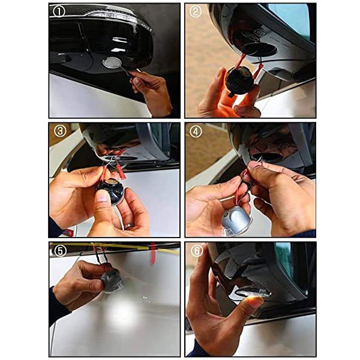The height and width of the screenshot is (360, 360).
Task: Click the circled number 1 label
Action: click(59, 11)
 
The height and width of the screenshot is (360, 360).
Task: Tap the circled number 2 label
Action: click(196, 11)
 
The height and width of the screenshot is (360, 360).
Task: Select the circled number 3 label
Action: click(60, 131)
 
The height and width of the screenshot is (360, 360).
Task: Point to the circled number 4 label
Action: click(196, 131)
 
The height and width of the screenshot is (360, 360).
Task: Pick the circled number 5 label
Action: click(59, 251)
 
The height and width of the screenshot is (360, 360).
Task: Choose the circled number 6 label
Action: click(197, 251)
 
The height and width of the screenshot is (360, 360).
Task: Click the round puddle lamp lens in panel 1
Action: click(112, 62)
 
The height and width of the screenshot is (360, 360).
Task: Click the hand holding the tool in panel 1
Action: click(152, 92)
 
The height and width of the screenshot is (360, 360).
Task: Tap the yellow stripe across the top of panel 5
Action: click(115, 247)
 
